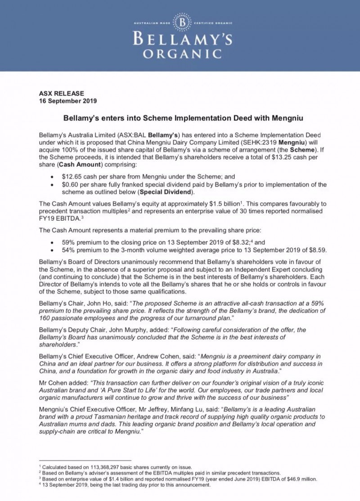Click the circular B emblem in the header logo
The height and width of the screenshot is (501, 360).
tap(182, 22)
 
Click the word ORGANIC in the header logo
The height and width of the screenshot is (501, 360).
tap(182, 54)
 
